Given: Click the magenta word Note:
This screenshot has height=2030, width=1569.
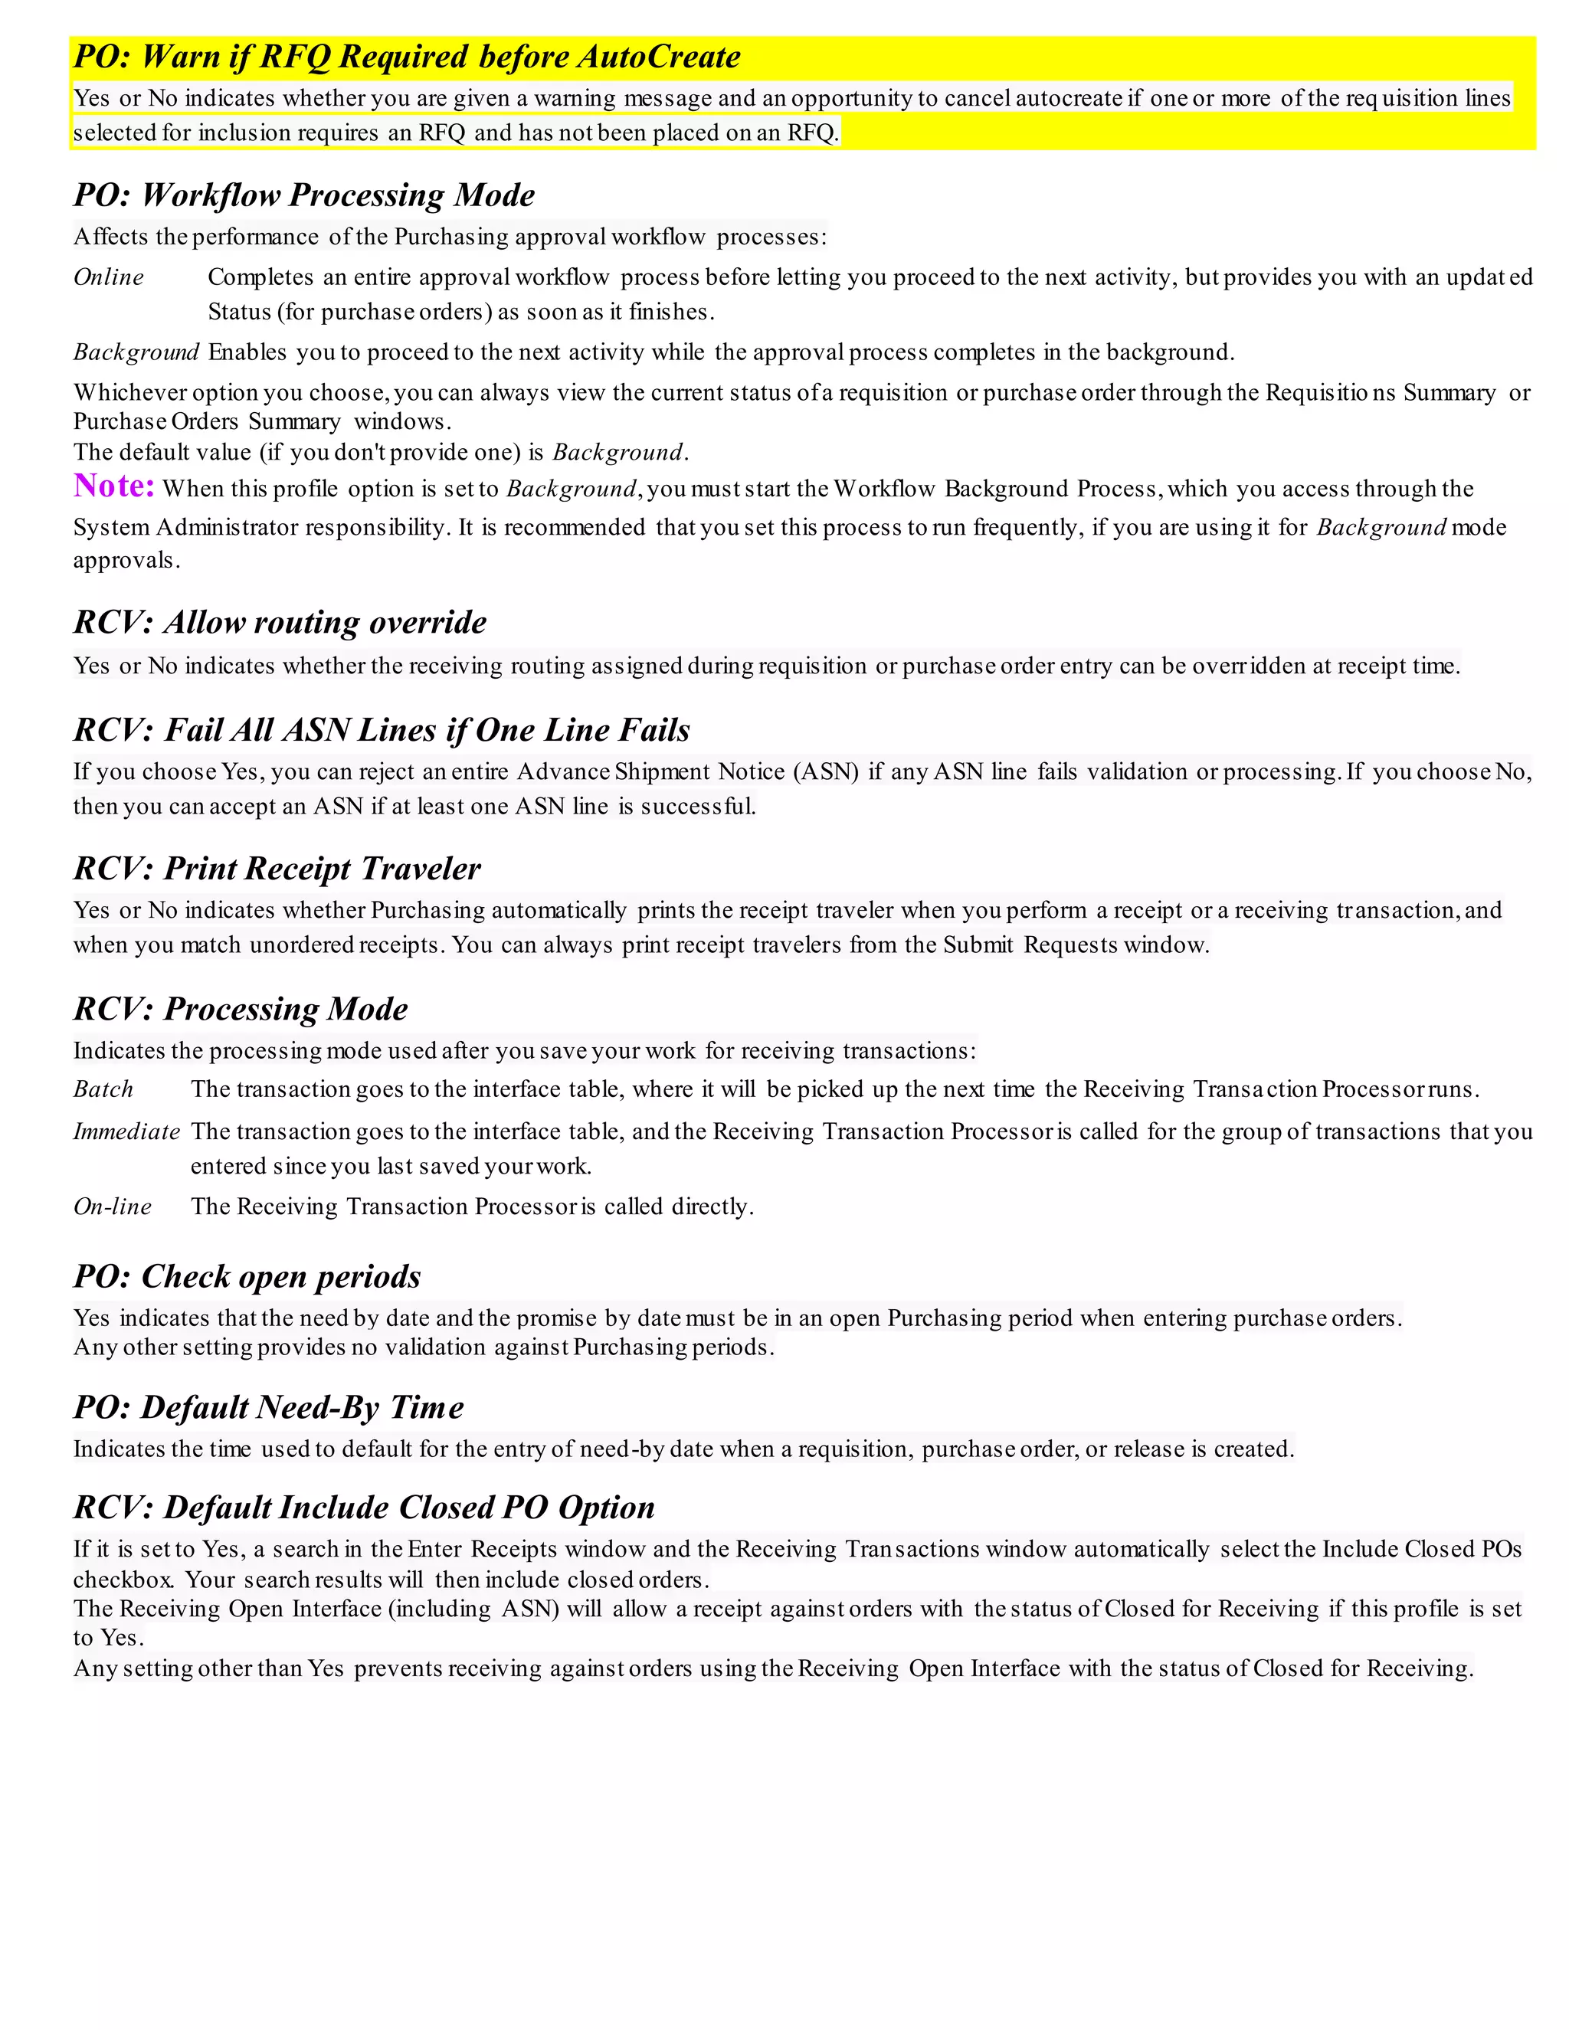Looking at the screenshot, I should [x=113, y=486].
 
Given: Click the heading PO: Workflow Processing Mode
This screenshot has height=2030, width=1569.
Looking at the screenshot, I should [x=304, y=195].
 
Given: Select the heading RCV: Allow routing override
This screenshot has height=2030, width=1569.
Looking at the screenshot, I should [x=280, y=622].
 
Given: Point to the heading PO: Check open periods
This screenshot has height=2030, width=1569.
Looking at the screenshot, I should [x=247, y=1276].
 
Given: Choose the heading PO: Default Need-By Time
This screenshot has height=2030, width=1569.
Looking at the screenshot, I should [x=269, y=1407].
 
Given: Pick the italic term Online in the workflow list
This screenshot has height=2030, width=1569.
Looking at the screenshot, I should [x=109, y=277].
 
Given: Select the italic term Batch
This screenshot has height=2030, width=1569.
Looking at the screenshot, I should [x=103, y=1089].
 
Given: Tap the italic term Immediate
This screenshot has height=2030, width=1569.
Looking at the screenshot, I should [x=126, y=1131].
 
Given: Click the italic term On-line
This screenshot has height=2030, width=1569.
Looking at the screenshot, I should [x=113, y=1207].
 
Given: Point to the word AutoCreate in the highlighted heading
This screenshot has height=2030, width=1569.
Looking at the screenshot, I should [x=658, y=57].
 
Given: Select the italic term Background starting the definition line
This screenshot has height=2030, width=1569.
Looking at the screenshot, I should [x=136, y=352].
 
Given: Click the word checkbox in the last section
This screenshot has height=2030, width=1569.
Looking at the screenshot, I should [x=123, y=1580].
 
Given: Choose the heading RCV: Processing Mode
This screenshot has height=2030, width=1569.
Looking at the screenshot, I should [x=241, y=1009].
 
